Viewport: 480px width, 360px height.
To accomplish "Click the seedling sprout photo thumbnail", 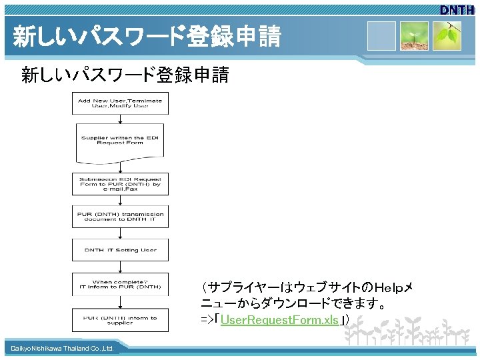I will point(414,36).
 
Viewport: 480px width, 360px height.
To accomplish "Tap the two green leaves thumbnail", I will point(447,36).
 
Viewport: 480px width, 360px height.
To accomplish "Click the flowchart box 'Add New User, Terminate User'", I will point(120,103).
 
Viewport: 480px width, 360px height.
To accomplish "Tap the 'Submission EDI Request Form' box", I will point(120,183).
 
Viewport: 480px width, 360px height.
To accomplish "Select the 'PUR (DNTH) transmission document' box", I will point(120,216).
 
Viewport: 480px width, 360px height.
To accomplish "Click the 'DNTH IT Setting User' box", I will point(120,250).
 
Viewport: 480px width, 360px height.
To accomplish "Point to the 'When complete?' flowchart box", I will point(120,284).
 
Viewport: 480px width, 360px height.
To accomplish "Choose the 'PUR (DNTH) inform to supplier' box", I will point(120,320).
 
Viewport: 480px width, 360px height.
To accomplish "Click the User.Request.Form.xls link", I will point(279,320).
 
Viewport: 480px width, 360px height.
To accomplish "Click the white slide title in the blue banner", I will point(147,37).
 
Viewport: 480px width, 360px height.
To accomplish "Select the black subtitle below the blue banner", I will point(125,75).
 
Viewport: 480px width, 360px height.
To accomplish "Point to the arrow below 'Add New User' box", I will point(120,119).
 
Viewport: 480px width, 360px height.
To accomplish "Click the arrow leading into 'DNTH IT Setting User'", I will point(120,233).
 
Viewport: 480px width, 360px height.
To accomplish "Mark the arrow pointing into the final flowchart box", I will point(120,303).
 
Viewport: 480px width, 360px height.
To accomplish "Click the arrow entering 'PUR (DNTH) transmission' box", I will point(120,200).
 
